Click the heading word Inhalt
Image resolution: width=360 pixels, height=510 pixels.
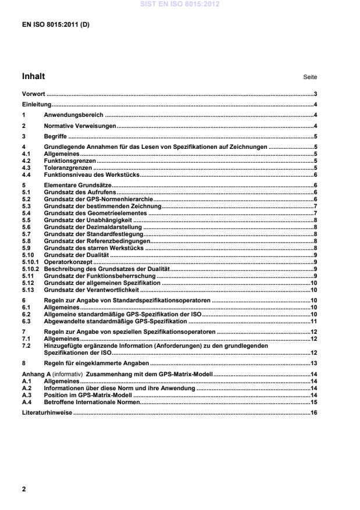(33, 76)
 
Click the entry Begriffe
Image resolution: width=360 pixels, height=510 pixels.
(56, 136)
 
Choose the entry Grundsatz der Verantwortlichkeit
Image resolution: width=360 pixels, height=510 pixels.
(92, 289)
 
